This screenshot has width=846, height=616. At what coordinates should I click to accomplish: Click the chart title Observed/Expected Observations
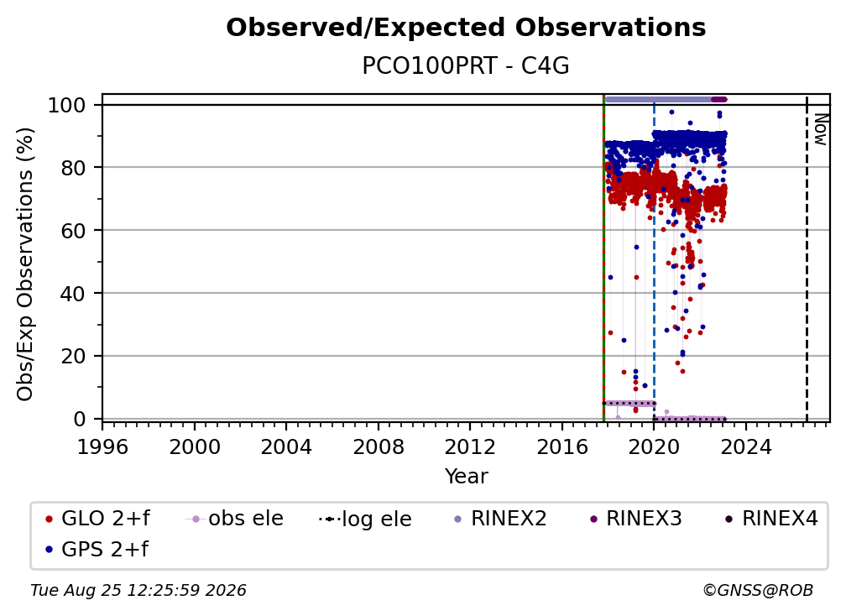click(466, 28)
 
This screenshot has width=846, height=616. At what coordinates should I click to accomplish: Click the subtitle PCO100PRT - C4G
click(466, 66)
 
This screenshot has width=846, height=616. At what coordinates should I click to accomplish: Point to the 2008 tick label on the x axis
click(379, 447)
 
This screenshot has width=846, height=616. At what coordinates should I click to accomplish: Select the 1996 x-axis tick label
click(102, 447)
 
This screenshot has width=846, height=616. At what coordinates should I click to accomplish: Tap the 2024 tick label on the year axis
click(745, 447)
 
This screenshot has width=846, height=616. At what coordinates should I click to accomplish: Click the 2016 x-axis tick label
click(562, 447)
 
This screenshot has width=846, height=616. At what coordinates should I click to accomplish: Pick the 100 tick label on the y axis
click(67, 105)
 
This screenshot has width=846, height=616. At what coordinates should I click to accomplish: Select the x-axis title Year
click(466, 477)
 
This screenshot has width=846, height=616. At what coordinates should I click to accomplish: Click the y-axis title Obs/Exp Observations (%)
click(25, 264)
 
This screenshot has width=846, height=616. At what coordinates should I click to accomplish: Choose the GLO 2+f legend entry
click(98, 519)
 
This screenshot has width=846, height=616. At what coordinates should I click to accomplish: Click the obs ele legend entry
click(234, 519)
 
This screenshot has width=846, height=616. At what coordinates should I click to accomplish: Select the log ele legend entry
click(365, 519)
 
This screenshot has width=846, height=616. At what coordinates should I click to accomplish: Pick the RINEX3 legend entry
click(636, 519)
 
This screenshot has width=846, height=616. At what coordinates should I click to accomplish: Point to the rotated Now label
click(820, 129)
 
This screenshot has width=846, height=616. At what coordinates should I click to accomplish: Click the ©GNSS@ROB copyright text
click(758, 591)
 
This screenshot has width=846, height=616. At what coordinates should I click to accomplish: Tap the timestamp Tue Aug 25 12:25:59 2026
click(138, 591)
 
